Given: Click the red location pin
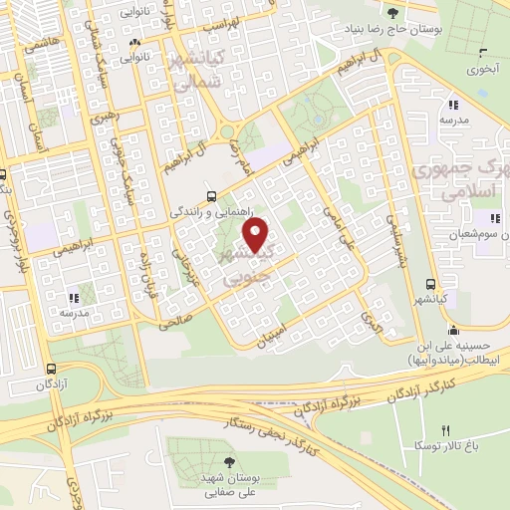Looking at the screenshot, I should coord(257,236).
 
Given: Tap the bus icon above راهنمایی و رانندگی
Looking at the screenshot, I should coord(209,196).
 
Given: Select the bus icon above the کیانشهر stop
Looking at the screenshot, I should coord(429,284).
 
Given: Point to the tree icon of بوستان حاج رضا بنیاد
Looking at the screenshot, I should coord(392,13).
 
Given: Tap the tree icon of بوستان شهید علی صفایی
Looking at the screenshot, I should coord(230,462).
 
